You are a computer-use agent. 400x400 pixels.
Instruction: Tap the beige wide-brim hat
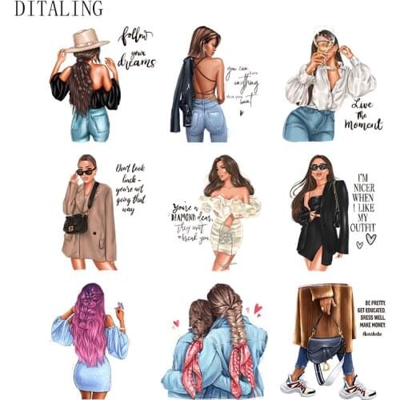pos(86,40)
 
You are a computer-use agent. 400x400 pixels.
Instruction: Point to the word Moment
pos(363,125)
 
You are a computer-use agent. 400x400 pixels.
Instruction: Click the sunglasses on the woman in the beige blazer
pos(85,172)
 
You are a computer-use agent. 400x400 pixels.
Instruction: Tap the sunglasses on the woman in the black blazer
pos(318,167)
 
